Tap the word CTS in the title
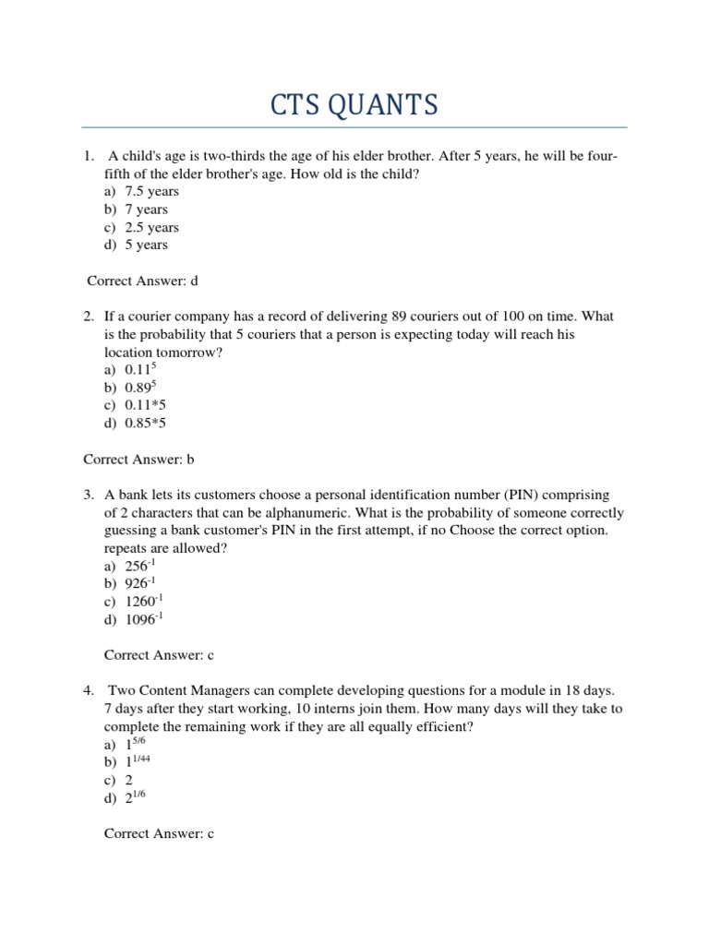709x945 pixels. coord(294,106)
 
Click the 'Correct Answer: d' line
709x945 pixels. coord(143,281)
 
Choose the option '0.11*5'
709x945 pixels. coord(145,405)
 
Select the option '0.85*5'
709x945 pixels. coord(145,423)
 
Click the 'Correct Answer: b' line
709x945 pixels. coord(139,458)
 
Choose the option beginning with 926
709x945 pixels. coord(140,584)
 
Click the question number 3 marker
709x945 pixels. coord(89,496)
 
